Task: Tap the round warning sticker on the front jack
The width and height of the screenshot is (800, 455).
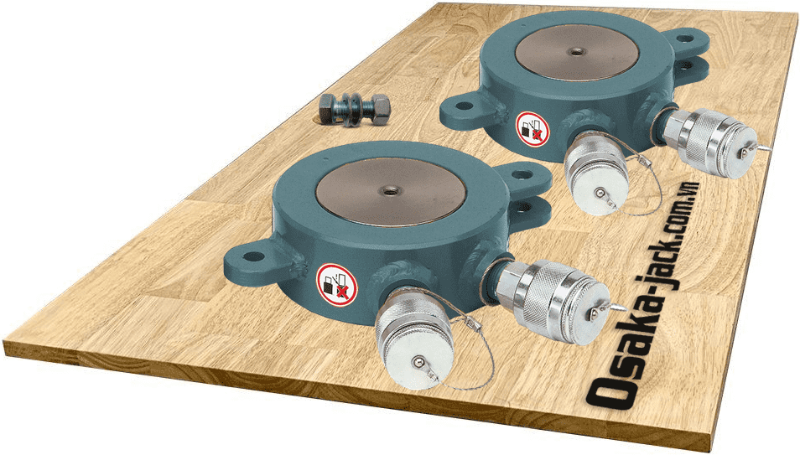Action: [x=336, y=283]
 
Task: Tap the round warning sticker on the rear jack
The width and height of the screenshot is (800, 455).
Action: [x=530, y=127]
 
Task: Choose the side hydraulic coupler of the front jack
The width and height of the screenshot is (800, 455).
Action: [x=549, y=297]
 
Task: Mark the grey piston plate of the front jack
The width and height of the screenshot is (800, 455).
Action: [x=390, y=192]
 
